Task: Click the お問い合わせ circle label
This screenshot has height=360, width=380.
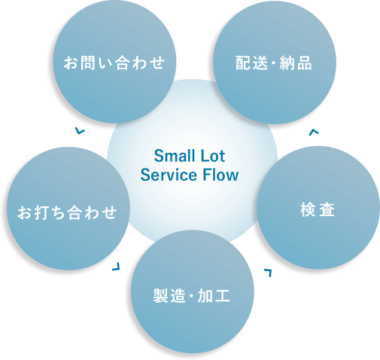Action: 114,63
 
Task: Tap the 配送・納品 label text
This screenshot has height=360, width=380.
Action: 274,63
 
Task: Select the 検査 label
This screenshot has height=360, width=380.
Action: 318,210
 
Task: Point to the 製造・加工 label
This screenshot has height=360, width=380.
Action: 192,296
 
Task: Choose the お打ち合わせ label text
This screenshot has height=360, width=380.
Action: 67,212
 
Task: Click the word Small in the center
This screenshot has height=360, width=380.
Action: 172,156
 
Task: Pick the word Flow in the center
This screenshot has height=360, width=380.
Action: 220,175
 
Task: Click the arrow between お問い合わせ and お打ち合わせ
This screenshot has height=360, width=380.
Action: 79,131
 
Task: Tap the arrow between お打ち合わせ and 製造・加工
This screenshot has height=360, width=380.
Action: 117,267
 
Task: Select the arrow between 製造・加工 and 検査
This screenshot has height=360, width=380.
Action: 269,273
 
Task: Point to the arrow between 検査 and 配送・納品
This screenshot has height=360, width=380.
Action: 314,132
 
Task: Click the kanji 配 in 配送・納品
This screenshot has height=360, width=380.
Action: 243,63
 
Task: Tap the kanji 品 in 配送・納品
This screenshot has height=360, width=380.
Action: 305,63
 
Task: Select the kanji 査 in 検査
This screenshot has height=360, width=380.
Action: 327,210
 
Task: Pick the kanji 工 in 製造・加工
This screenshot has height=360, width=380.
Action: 222,296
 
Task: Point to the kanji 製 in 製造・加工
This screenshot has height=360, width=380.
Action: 161,296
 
